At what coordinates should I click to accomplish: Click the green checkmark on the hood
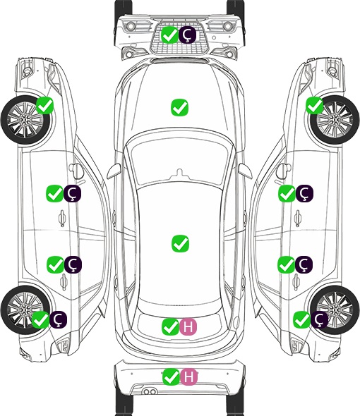click(x=180, y=107)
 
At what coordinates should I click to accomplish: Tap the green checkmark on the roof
click(x=181, y=243)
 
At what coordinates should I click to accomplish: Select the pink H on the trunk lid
click(x=188, y=326)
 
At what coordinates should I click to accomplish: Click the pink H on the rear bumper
click(x=189, y=377)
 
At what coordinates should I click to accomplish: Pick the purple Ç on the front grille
click(x=187, y=35)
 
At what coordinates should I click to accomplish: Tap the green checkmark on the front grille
click(x=169, y=35)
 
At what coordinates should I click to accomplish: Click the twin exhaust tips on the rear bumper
click(x=150, y=391)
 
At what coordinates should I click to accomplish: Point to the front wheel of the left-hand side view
click(x=26, y=121)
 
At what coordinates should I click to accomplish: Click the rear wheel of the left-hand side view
click(x=25, y=310)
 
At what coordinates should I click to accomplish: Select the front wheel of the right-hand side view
click(x=335, y=120)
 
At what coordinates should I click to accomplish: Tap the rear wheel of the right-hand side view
click(x=335, y=310)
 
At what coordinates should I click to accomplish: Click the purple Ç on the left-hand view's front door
click(x=72, y=193)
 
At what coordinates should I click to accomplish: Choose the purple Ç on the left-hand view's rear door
click(x=73, y=264)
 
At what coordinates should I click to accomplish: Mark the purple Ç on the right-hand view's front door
click(x=304, y=193)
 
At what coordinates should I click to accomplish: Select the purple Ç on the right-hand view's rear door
click(x=304, y=264)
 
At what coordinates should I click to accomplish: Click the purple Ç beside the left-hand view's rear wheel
click(x=58, y=319)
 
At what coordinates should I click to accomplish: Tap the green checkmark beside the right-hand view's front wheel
click(x=315, y=105)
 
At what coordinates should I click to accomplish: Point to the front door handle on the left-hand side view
click(x=62, y=218)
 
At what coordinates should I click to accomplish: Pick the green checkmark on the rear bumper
click(x=171, y=377)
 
